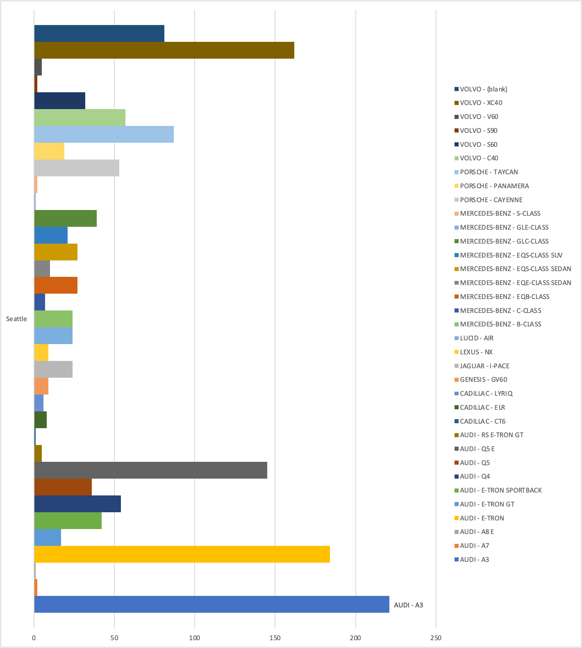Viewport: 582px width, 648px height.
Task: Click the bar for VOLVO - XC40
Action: tap(164, 50)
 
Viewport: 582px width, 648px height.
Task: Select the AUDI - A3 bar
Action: tap(211, 604)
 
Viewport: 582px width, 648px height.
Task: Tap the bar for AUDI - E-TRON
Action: tap(182, 554)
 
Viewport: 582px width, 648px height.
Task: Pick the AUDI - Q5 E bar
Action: tap(150, 470)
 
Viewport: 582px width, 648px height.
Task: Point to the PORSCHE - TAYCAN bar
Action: tap(104, 134)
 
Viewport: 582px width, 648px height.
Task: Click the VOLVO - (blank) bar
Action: tap(99, 33)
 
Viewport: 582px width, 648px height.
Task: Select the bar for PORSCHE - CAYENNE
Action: tap(77, 168)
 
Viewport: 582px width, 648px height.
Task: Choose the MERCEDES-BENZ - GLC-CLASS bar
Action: tap(65, 218)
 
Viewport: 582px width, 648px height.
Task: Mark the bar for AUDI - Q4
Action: tap(77, 504)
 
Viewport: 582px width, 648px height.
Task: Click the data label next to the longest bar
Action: tap(408, 605)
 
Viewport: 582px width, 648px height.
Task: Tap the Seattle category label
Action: tap(16, 319)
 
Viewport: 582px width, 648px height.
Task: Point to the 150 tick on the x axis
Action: tap(275, 638)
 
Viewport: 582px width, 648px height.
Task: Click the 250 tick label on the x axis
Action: tap(436, 638)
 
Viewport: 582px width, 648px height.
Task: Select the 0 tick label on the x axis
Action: tap(34, 638)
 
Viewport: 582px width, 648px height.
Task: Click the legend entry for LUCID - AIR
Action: tap(476, 338)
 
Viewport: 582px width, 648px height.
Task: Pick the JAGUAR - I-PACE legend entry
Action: tap(484, 366)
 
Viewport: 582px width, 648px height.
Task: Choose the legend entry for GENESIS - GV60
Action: tap(483, 379)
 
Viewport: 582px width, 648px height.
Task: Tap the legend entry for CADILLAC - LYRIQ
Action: tap(486, 393)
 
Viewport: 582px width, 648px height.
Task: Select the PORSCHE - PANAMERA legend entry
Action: tap(494, 186)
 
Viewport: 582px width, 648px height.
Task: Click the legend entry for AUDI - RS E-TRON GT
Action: tap(491, 435)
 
